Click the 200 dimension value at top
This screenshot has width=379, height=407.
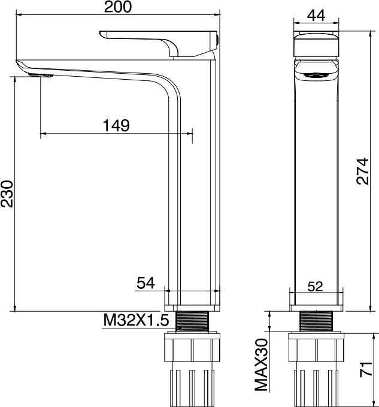click(118, 7)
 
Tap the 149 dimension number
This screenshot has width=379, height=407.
click(116, 125)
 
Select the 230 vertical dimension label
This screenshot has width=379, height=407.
click(7, 194)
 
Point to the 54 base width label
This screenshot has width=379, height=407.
click(145, 283)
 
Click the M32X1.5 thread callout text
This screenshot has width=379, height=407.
click(136, 320)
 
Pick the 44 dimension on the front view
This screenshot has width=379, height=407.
click(316, 16)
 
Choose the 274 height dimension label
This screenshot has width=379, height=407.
click(362, 171)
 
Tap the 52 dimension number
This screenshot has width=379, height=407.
click(315, 287)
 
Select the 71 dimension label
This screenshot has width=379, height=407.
click(366, 369)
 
